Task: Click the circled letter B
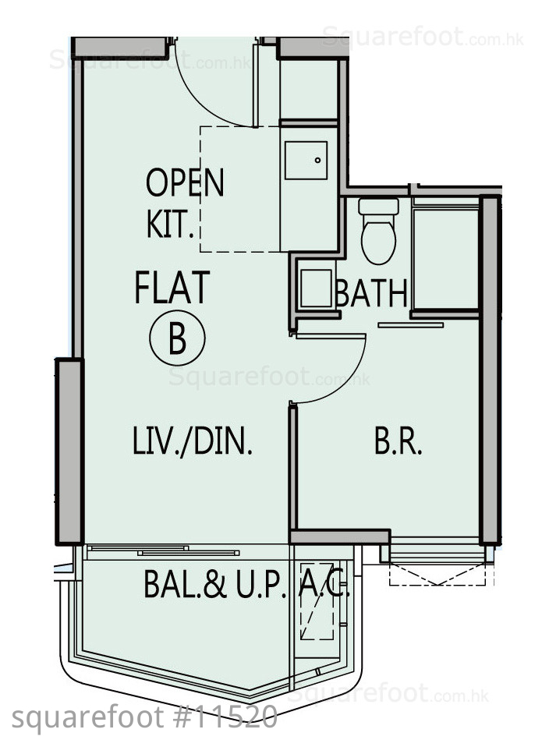(x=177, y=337)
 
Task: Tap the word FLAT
(x=172, y=288)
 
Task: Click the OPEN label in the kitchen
(x=185, y=182)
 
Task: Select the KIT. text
(x=170, y=224)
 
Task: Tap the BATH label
(x=372, y=293)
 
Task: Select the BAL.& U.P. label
(x=215, y=584)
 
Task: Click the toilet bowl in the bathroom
(x=378, y=240)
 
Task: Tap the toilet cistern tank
(x=378, y=207)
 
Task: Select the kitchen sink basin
(x=306, y=160)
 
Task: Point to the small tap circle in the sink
(x=317, y=160)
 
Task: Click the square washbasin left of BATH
(x=316, y=288)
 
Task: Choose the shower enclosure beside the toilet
(x=445, y=257)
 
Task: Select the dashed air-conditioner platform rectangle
(x=317, y=601)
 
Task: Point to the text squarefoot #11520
(x=144, y=718)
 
